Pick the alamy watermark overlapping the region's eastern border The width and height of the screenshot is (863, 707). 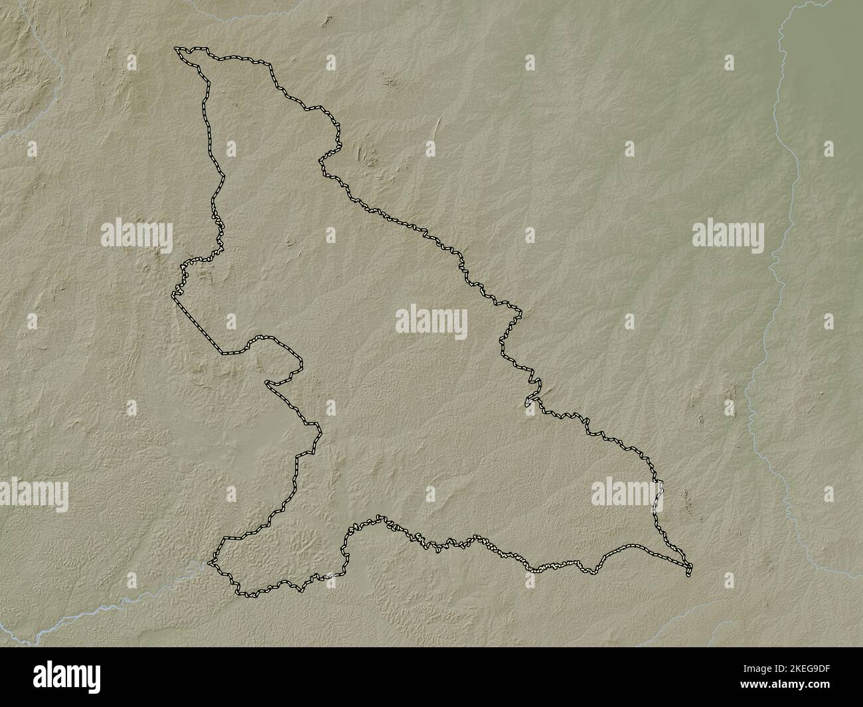[627, 492]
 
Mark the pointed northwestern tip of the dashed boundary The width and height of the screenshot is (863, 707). [176, 48]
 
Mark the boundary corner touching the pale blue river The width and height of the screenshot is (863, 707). [211, 563]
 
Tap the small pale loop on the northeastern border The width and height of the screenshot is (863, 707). [528, 402]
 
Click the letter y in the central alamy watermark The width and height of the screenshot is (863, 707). [459, 324]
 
